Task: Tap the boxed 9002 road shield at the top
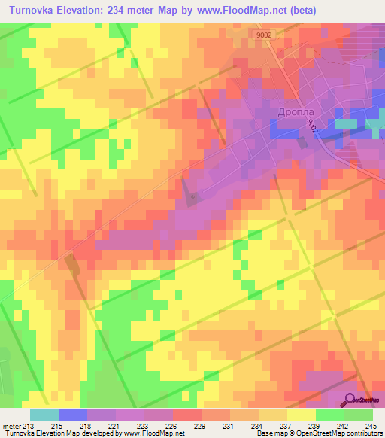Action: pos(264,34)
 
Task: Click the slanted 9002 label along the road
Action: pos(312,129)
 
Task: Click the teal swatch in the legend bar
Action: pos(44,415)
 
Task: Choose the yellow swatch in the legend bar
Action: pos(302,415)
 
